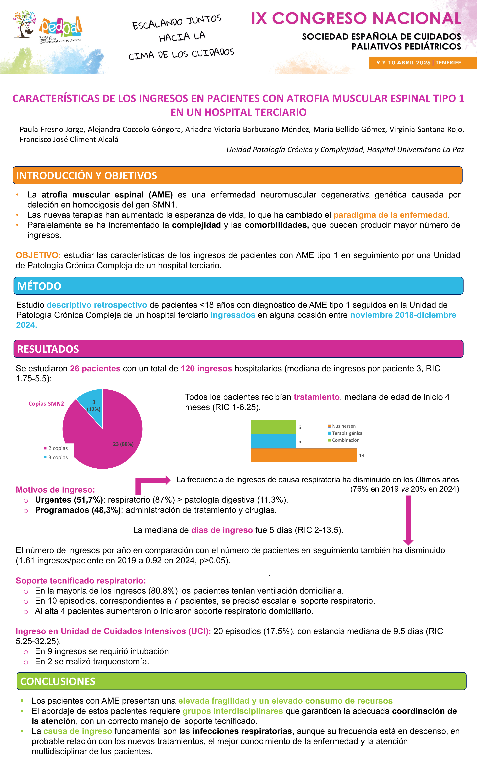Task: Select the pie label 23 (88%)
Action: (x=123, y=444)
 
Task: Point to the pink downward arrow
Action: (x=408, y=519)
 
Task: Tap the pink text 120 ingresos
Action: (x=206, y=369)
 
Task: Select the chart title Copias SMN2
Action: (x=46, y=404)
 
